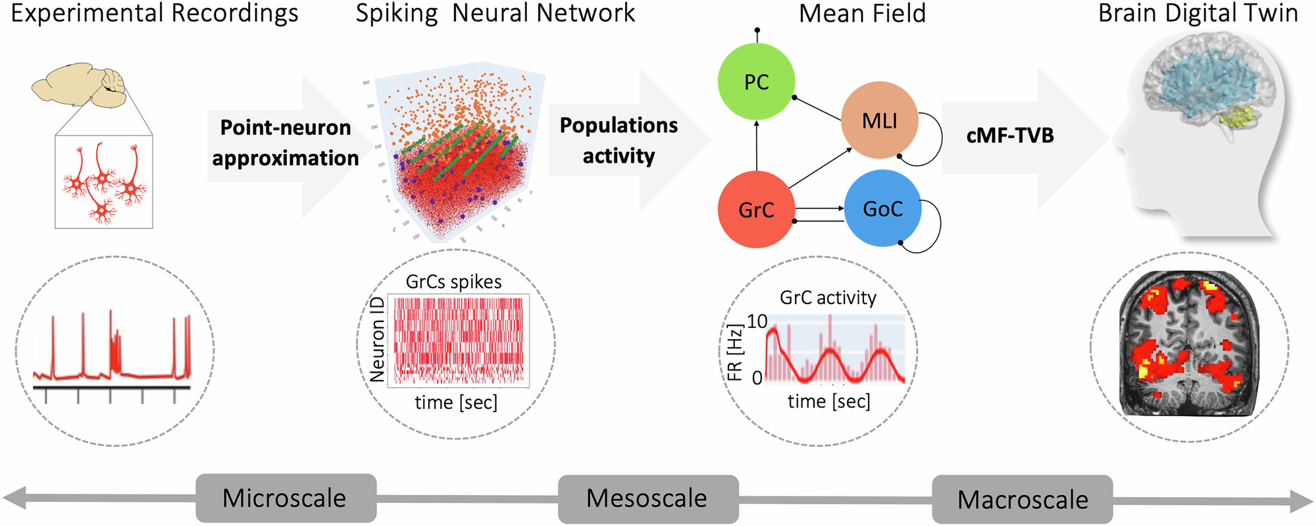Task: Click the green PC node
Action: (x=756, y=82)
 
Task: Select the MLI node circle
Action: (x=880, y=120)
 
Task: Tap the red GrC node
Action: (x=756, y=209)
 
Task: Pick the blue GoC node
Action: (x=882, y=209)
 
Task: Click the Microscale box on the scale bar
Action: (x=286, y=498)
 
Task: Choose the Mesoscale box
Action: (x=647, y=499)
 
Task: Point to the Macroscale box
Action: (x=1022, y=500)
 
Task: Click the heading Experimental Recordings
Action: (x=155, y=14)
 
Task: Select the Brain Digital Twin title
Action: (x=1198, y=14)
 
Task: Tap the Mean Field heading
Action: (x=862, y=14)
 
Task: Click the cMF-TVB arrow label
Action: (x=1010, y=136)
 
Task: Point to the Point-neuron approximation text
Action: (x=286, y=143)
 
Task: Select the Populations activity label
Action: (x=619, y=140)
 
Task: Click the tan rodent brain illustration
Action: (x=79, y=86)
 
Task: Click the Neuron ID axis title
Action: (x=377, y=340)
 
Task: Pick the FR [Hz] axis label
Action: (x=734, y=352)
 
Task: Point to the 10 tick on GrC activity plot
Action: (x=757, y=321)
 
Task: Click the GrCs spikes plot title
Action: (x=453, y=282)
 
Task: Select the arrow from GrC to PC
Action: (x=757, y=146)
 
